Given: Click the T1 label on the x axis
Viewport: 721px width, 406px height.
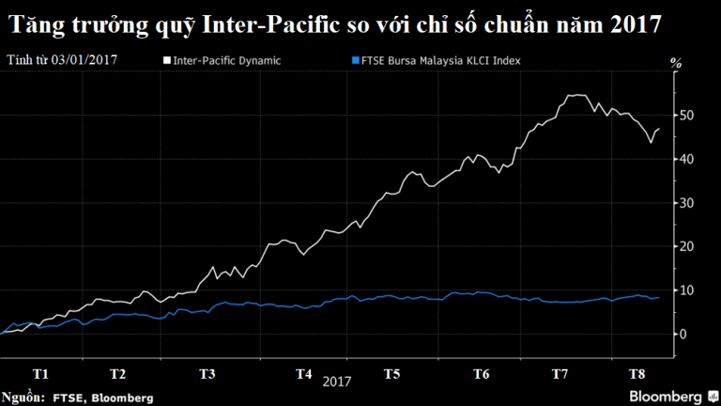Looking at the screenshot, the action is coord(40,374).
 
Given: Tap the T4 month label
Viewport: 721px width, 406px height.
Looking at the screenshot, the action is coord(303,374).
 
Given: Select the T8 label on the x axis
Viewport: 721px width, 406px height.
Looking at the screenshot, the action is coord(637,374).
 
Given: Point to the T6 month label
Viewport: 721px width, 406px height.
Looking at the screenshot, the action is coord(481,374).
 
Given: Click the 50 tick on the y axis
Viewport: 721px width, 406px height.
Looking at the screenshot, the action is coord(686,115).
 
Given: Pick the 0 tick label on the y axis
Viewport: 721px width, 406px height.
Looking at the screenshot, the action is coord(683,335).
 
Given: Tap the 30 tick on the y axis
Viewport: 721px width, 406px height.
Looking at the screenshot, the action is coord(686,203).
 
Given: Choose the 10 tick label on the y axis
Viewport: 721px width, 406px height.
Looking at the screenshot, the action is coord(686,290).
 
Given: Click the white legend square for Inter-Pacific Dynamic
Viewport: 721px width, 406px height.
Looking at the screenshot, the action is coord(167,60).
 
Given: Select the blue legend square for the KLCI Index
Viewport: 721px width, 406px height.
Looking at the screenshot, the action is coord(356,60).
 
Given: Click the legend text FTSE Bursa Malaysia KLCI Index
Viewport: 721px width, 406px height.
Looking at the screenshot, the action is coord(441,61).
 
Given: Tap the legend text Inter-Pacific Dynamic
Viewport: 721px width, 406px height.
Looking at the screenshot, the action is coord(226,61).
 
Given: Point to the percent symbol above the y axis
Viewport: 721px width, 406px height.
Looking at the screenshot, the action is coord(676,63).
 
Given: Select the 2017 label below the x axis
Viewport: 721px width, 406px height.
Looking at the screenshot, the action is coord(337,382).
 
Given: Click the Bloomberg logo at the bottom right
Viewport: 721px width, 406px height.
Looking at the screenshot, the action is coord(673,397).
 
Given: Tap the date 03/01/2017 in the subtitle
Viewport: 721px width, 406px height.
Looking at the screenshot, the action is coord(84,60).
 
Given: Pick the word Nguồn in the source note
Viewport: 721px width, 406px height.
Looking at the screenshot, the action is coord(23,398).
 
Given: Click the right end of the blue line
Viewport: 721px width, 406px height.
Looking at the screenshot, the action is coord(659,297).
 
